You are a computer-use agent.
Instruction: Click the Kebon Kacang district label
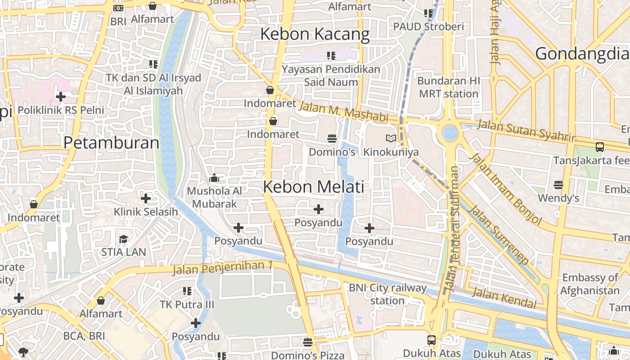point(315,34)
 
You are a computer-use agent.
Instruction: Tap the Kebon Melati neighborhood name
point(313,186)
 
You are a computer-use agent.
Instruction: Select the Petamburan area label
point(111,143)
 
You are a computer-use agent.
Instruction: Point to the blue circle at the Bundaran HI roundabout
point(450,133)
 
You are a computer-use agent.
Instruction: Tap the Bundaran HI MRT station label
point(448,87)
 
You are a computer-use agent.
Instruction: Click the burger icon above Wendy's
point(558,184)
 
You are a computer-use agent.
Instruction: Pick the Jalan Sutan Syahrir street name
point(526,130)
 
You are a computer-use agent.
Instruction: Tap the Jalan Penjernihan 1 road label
point(223,268)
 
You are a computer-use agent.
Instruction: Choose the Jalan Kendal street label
point(504,298)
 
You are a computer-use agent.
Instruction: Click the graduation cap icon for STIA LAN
point(123,238)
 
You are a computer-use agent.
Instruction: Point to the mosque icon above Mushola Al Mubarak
point(214,178)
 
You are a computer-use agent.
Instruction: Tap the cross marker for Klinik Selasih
point(145,198)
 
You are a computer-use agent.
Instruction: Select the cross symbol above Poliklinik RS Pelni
point(60,96)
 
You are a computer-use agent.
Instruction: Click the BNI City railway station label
point(387,294)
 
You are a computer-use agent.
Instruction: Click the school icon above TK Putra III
point(187,291)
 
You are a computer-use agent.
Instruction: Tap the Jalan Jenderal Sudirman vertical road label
point(452,229)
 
